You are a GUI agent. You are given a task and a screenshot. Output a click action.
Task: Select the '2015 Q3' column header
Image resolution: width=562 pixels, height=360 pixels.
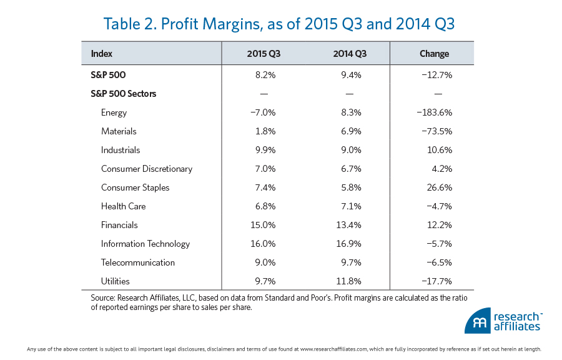(x=264, y=54)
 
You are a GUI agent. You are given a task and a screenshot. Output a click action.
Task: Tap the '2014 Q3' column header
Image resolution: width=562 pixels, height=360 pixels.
(x=349, y=54)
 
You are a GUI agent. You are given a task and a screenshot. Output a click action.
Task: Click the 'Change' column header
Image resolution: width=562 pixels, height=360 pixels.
(x=434, y=54)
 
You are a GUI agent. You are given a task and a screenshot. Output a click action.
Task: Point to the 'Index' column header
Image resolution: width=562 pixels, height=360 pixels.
(x=102, y=54)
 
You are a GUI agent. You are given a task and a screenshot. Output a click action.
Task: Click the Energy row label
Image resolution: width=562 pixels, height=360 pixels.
(x=114, y=112)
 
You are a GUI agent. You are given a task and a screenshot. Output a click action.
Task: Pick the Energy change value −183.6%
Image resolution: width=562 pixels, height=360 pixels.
(x=434, y=112)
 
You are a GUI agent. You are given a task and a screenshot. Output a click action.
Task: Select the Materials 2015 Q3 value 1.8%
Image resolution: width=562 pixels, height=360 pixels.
(x=264, y=131)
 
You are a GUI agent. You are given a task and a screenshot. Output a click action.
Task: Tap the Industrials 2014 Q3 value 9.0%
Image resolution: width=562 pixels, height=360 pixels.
(x=349, y=150)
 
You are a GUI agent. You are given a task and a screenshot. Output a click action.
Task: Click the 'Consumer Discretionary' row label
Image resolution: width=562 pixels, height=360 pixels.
(x=147, y=169)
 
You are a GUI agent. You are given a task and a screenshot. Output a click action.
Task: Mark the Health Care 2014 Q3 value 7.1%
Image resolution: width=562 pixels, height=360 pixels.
(x=349, y=206)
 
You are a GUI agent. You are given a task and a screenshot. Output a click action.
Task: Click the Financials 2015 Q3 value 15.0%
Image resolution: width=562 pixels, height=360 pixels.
(x=264, y=225)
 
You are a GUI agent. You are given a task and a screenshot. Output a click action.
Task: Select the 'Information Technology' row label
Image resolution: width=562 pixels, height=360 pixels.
(x=145, y=244)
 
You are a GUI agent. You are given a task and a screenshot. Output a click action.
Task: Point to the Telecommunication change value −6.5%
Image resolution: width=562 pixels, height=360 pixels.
(x=435, y=262)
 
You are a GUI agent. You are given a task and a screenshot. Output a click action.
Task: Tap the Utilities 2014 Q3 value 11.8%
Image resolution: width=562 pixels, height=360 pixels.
(x=349, y=281)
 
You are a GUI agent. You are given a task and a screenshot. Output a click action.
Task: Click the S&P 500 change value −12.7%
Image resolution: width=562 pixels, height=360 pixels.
(x=435, y=75)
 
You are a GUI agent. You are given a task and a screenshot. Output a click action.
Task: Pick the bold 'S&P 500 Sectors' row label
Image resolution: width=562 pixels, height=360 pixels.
(x=124, y=94)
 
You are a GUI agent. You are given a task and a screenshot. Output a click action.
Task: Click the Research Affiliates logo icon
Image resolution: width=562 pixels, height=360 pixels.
(x=478, y=321)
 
